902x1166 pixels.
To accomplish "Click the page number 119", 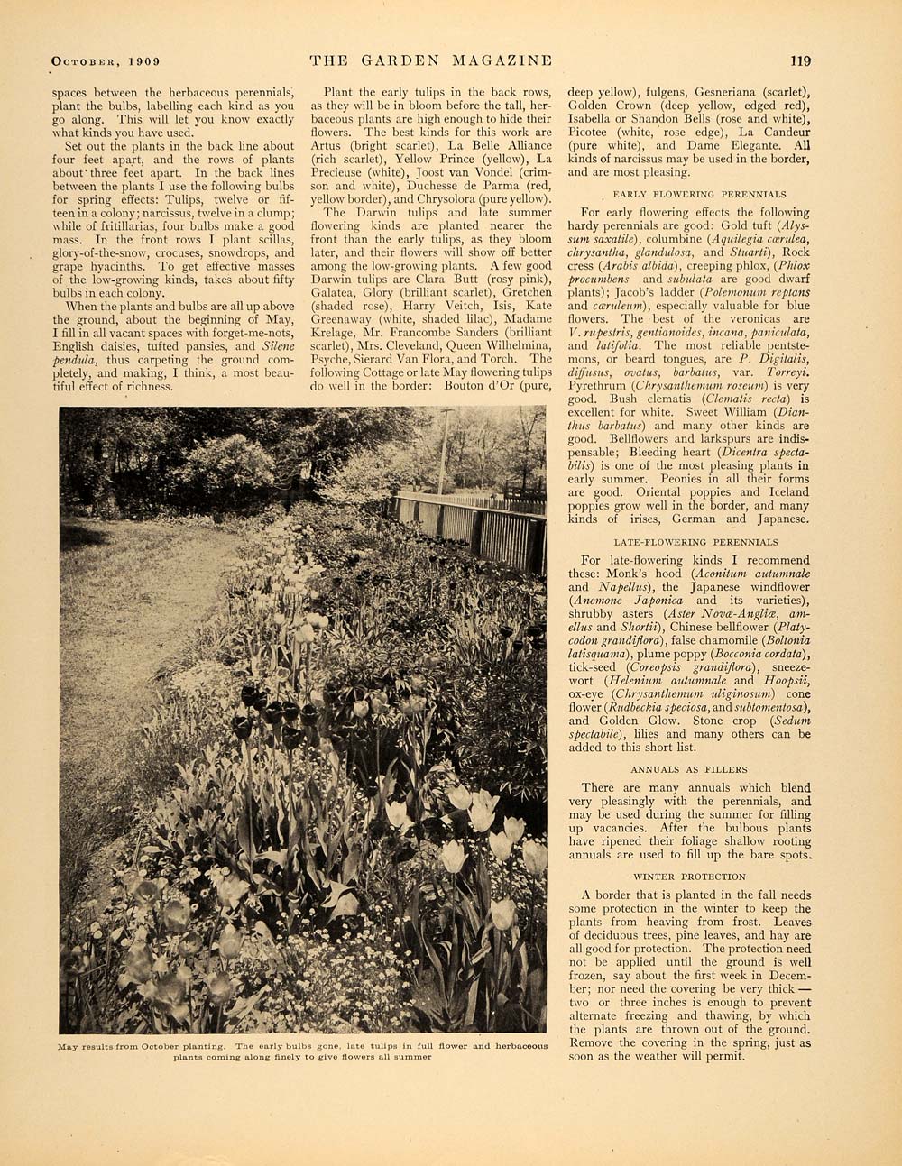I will [x=800, y=61].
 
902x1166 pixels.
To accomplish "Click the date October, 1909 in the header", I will [x=106, y=61].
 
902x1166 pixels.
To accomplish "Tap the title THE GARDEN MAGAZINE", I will [x=430, y=60].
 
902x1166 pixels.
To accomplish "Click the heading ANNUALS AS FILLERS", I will [x=689, y=769].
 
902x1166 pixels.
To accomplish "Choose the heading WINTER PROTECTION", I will [x=689, y=877].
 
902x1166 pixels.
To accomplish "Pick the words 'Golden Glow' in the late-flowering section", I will [x=631, y=721].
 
